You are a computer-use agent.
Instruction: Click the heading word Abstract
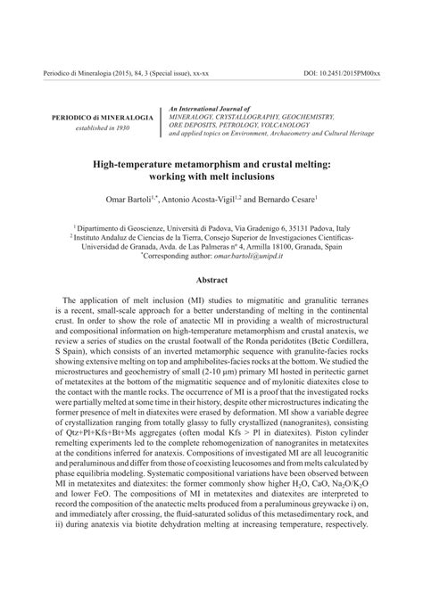pyautogui.click(x=211, y=278)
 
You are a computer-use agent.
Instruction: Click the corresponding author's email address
pyautogui.click(x=253, y=255)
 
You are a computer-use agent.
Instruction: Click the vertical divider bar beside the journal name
pyautogui.click(x=161, y=124)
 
